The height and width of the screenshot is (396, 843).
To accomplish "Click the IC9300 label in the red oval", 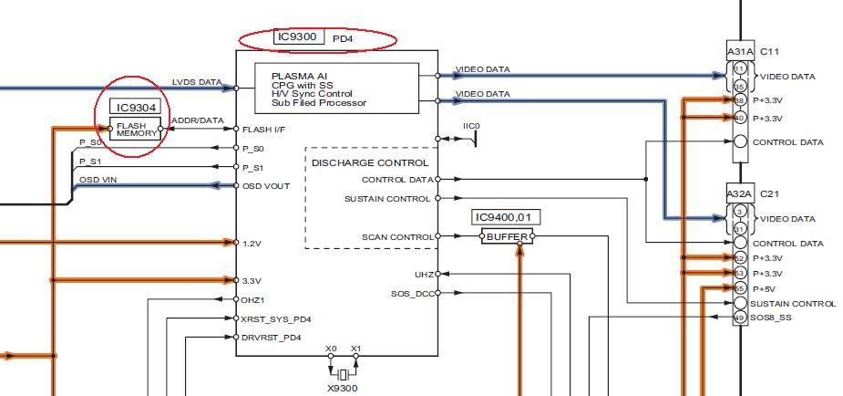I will point(298,38).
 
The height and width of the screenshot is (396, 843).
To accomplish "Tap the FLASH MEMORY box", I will point(136,129).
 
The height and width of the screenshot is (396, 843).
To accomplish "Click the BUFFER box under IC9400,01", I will point(506,236).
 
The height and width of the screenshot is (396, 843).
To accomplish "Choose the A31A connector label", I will point(740,52).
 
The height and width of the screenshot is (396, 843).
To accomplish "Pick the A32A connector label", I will point(740,194).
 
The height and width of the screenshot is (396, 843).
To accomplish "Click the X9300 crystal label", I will point(343,388).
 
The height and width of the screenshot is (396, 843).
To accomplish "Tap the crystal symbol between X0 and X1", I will point(343,374).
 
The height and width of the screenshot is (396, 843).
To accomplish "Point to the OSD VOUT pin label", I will point(264,186).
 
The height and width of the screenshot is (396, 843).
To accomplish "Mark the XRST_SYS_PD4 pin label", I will point(276,319).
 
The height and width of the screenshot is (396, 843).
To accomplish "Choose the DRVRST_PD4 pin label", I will point(272,338).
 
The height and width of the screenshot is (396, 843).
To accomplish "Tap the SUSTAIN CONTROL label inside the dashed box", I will point(387,198).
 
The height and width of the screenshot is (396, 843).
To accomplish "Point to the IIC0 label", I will point(471,126).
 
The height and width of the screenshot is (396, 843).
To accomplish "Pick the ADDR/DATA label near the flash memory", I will point(198,120).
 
